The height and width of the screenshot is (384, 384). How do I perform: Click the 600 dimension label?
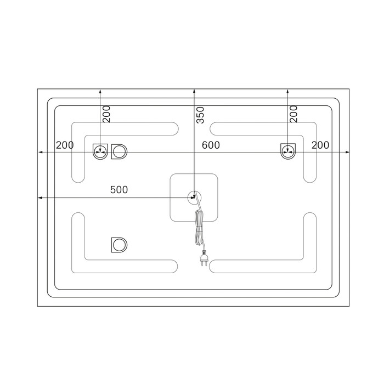pos(211,145)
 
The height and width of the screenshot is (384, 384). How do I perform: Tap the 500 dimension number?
pos(119,190)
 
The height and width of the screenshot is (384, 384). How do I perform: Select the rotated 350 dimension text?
pos(200,115)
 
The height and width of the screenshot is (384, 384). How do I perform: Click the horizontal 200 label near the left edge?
pos(65,145)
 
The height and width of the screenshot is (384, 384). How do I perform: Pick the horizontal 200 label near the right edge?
pos(320,145)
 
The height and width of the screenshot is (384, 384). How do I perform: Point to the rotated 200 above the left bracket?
pos(106,114)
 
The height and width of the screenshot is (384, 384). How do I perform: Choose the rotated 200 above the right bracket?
pos(293,114)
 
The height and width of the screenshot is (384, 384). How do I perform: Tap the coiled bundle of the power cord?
pos(199,227)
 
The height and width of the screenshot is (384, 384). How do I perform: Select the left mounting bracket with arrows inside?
pos(100,152)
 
